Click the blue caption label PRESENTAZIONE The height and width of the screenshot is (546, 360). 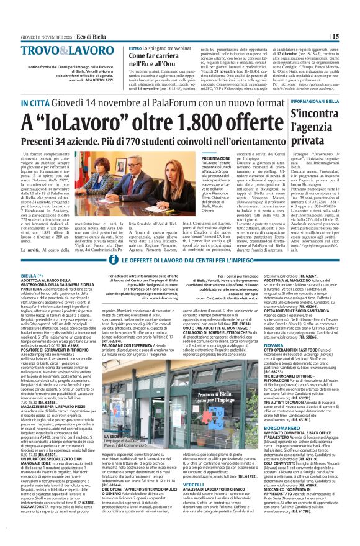[x=198, y=158]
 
